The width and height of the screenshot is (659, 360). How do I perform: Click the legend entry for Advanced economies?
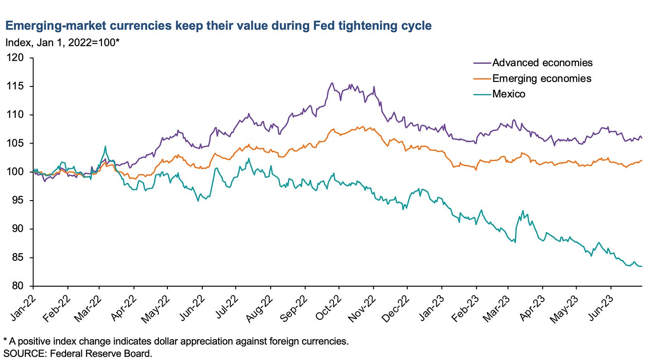[542, 62]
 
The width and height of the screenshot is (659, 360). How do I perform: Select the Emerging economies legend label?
[542, 78]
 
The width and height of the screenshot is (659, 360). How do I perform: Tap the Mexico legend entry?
[509, 94]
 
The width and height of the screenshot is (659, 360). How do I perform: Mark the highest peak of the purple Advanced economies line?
[332, 83]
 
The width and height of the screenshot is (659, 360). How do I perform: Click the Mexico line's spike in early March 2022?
[105, 146]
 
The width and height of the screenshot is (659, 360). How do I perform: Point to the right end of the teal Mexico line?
[642, 266]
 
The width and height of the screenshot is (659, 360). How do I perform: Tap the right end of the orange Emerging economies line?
[642, 160]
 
